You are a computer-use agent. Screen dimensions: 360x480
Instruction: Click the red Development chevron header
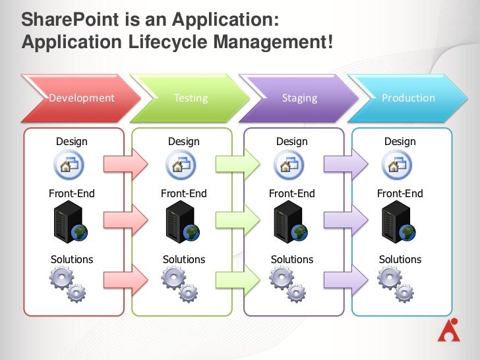click(x=82, y=98)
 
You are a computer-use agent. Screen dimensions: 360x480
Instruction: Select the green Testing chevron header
click(x=191, y=98)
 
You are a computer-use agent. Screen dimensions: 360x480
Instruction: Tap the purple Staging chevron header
click(x=299, y=98)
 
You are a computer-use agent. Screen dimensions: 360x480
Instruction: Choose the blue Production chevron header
click(x=408, y=98)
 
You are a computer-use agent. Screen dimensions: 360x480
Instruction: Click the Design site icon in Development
click(x=71, y=163)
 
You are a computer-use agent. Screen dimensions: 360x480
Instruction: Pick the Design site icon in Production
click(x=399, y=163)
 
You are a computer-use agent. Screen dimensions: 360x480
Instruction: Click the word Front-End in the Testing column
click(x=184, y=194)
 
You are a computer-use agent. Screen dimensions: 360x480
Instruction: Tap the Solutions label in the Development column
click(x=72, y=259)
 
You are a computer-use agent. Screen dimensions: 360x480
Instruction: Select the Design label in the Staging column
click(x=292, y=141)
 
